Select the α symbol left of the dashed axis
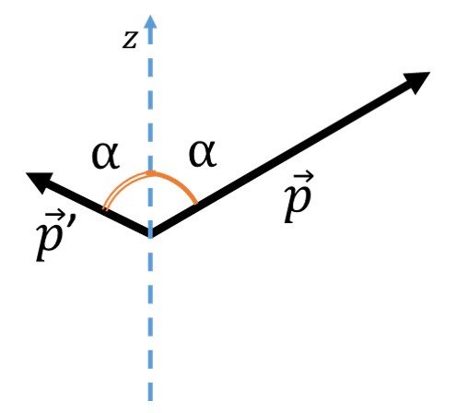coord(105,157)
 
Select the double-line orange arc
coord(122,185)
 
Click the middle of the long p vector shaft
coord(286,156)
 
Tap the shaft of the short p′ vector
coord(97,207)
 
